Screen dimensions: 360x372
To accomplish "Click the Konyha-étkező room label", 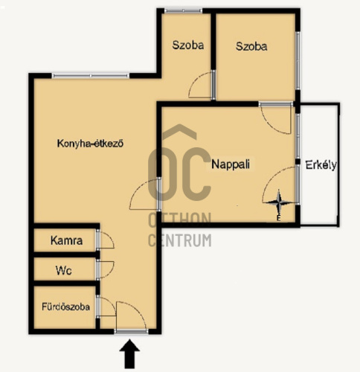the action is (90, 144).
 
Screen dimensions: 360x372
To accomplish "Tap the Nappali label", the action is (231, 164).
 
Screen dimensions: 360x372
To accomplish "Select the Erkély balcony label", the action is (321, 165).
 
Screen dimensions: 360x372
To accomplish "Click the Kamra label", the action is (66, 240).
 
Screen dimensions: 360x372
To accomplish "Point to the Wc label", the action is (64, 270).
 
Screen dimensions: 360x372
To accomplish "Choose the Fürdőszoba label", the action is (65, 307).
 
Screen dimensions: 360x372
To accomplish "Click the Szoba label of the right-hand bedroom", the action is (251, 46).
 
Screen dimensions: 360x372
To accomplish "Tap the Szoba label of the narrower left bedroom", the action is (188, 45).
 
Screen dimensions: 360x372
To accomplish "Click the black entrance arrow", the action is (129, 354).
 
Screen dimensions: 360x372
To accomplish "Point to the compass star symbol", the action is (279, 203).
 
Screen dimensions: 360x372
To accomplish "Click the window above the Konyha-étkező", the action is (91, 76).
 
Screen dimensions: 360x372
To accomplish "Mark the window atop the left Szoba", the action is (183, 10).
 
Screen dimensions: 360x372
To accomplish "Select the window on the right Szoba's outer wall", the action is (298, 61).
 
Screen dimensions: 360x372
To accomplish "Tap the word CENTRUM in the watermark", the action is (180, 240).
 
